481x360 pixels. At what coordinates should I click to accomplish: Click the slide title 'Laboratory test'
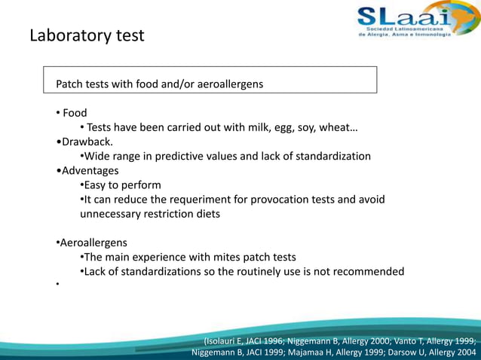tap(87, 35)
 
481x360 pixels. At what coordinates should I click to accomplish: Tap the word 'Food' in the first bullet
tap(75, 113)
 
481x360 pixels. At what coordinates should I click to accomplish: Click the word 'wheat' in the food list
tap(335, 127)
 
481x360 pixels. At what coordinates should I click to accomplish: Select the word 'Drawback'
tap(87, 142)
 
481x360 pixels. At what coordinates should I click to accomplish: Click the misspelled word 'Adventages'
tap(89, 170)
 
